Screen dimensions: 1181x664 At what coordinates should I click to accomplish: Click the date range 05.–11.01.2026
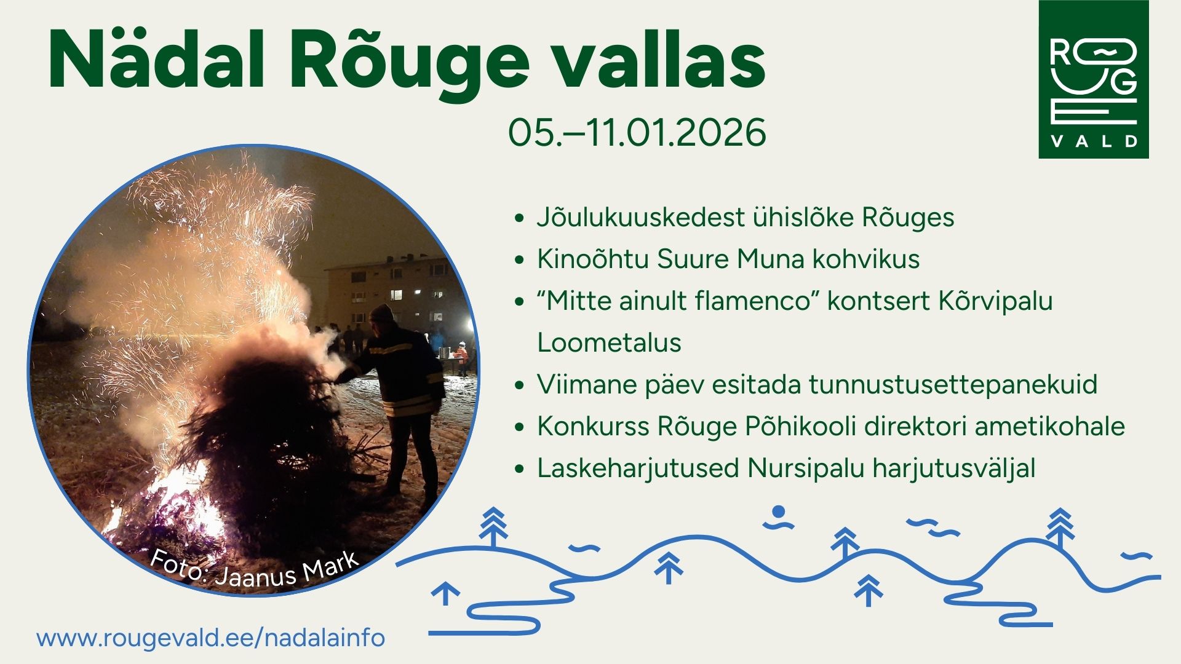637,132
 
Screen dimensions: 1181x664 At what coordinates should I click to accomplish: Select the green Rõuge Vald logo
1094,79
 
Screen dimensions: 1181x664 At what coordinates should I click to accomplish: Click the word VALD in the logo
1094,141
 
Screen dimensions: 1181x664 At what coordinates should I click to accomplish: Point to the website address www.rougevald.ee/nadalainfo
211,638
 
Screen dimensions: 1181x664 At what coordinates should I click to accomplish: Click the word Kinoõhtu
592,259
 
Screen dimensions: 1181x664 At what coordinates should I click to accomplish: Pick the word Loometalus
609,342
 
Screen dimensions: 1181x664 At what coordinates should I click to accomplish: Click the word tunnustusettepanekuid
953,385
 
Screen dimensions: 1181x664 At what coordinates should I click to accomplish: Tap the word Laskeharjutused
638,468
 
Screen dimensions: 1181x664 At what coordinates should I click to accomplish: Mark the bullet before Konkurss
520,427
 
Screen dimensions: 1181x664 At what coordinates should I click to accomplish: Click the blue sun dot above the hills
779,512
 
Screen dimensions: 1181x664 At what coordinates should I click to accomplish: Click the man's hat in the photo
381,313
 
